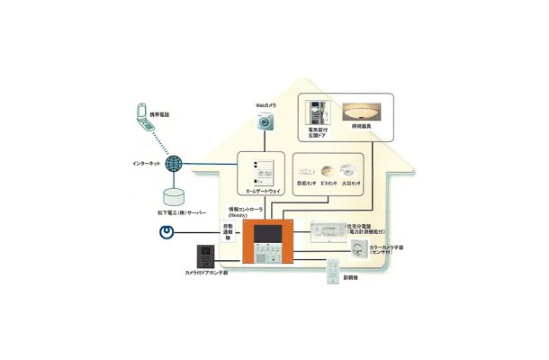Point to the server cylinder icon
(176, 195)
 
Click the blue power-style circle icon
(166, 232)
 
